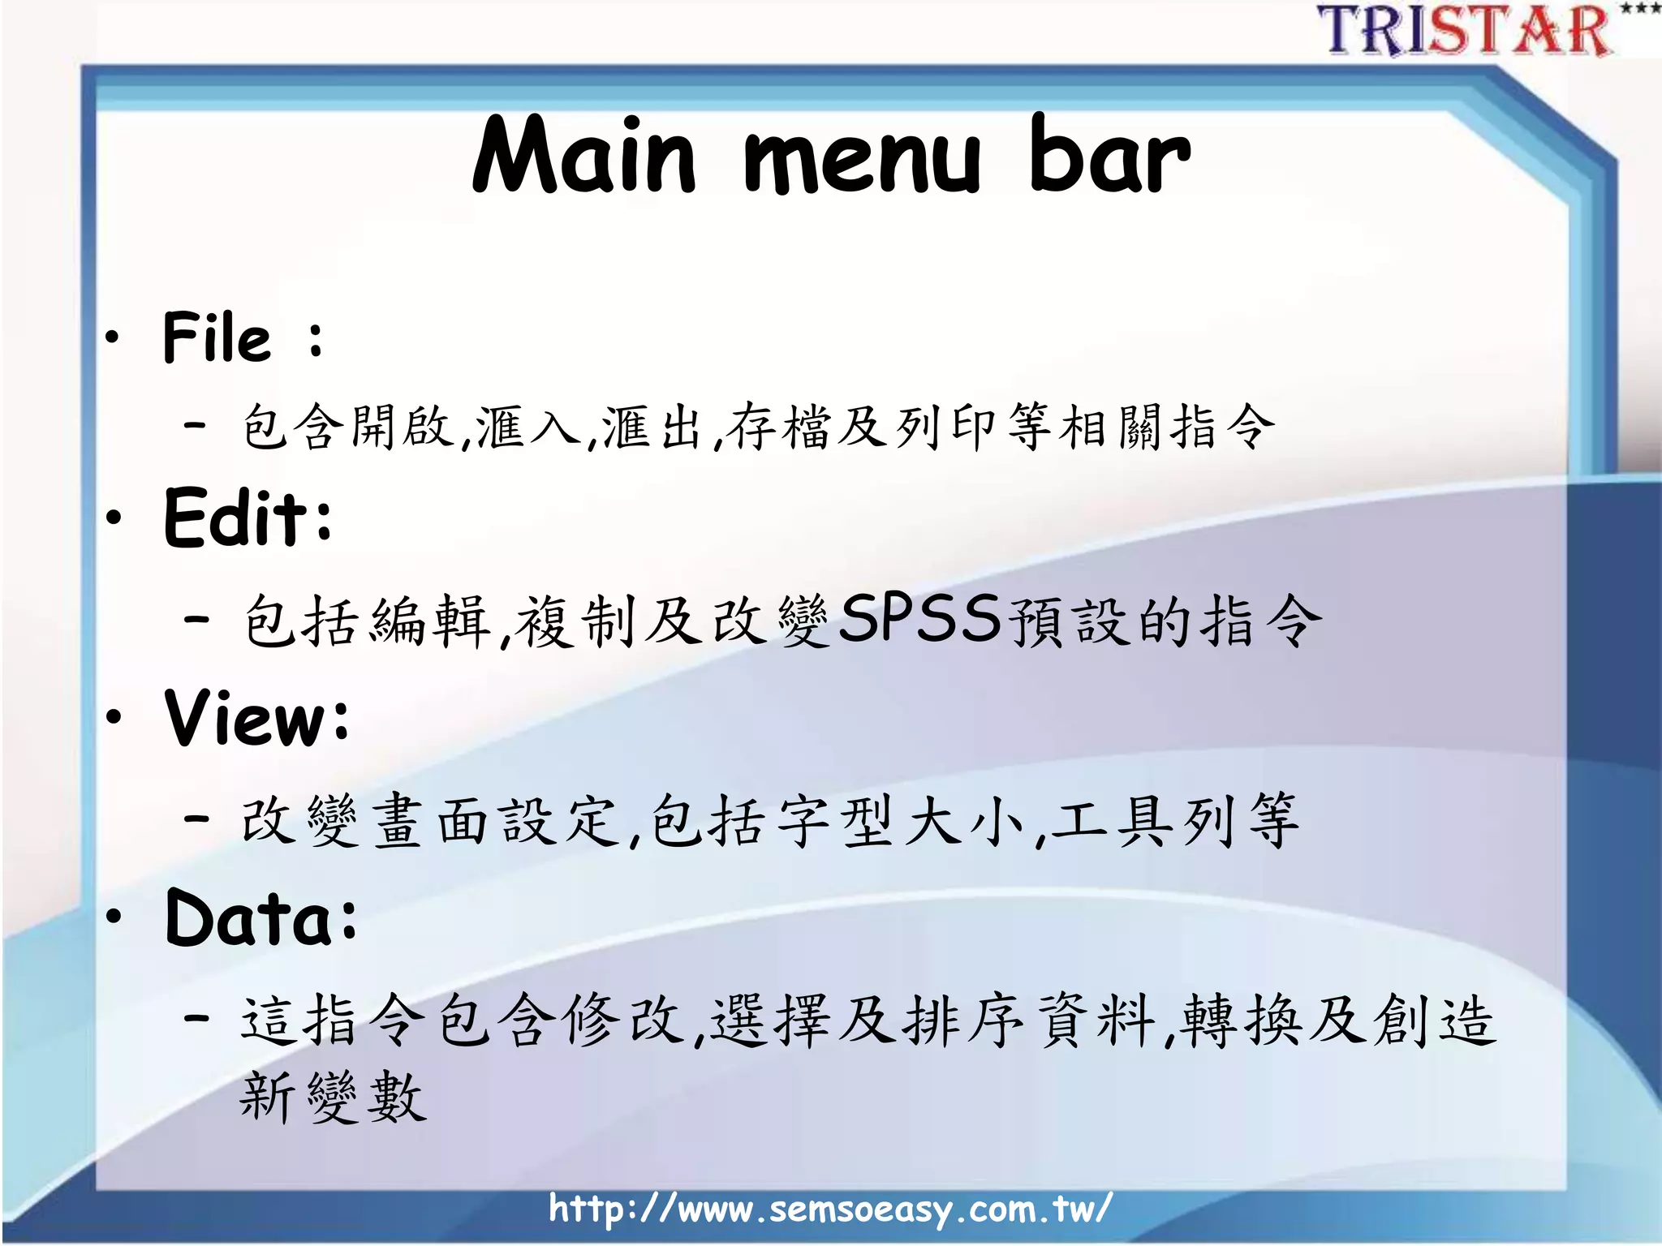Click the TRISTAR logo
click(x=1465, y=31)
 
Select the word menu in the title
click(x=862, y=158)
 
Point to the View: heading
click(x=257, y=717)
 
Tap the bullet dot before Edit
click(x=114, y=517)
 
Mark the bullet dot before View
click(x=114, y=716)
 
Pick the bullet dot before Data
click(x=114, y=917)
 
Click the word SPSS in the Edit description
click(x=919, y=619)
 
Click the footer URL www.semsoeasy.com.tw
click(x=829, y=1209)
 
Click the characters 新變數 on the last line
click(x=333, y=1097)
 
